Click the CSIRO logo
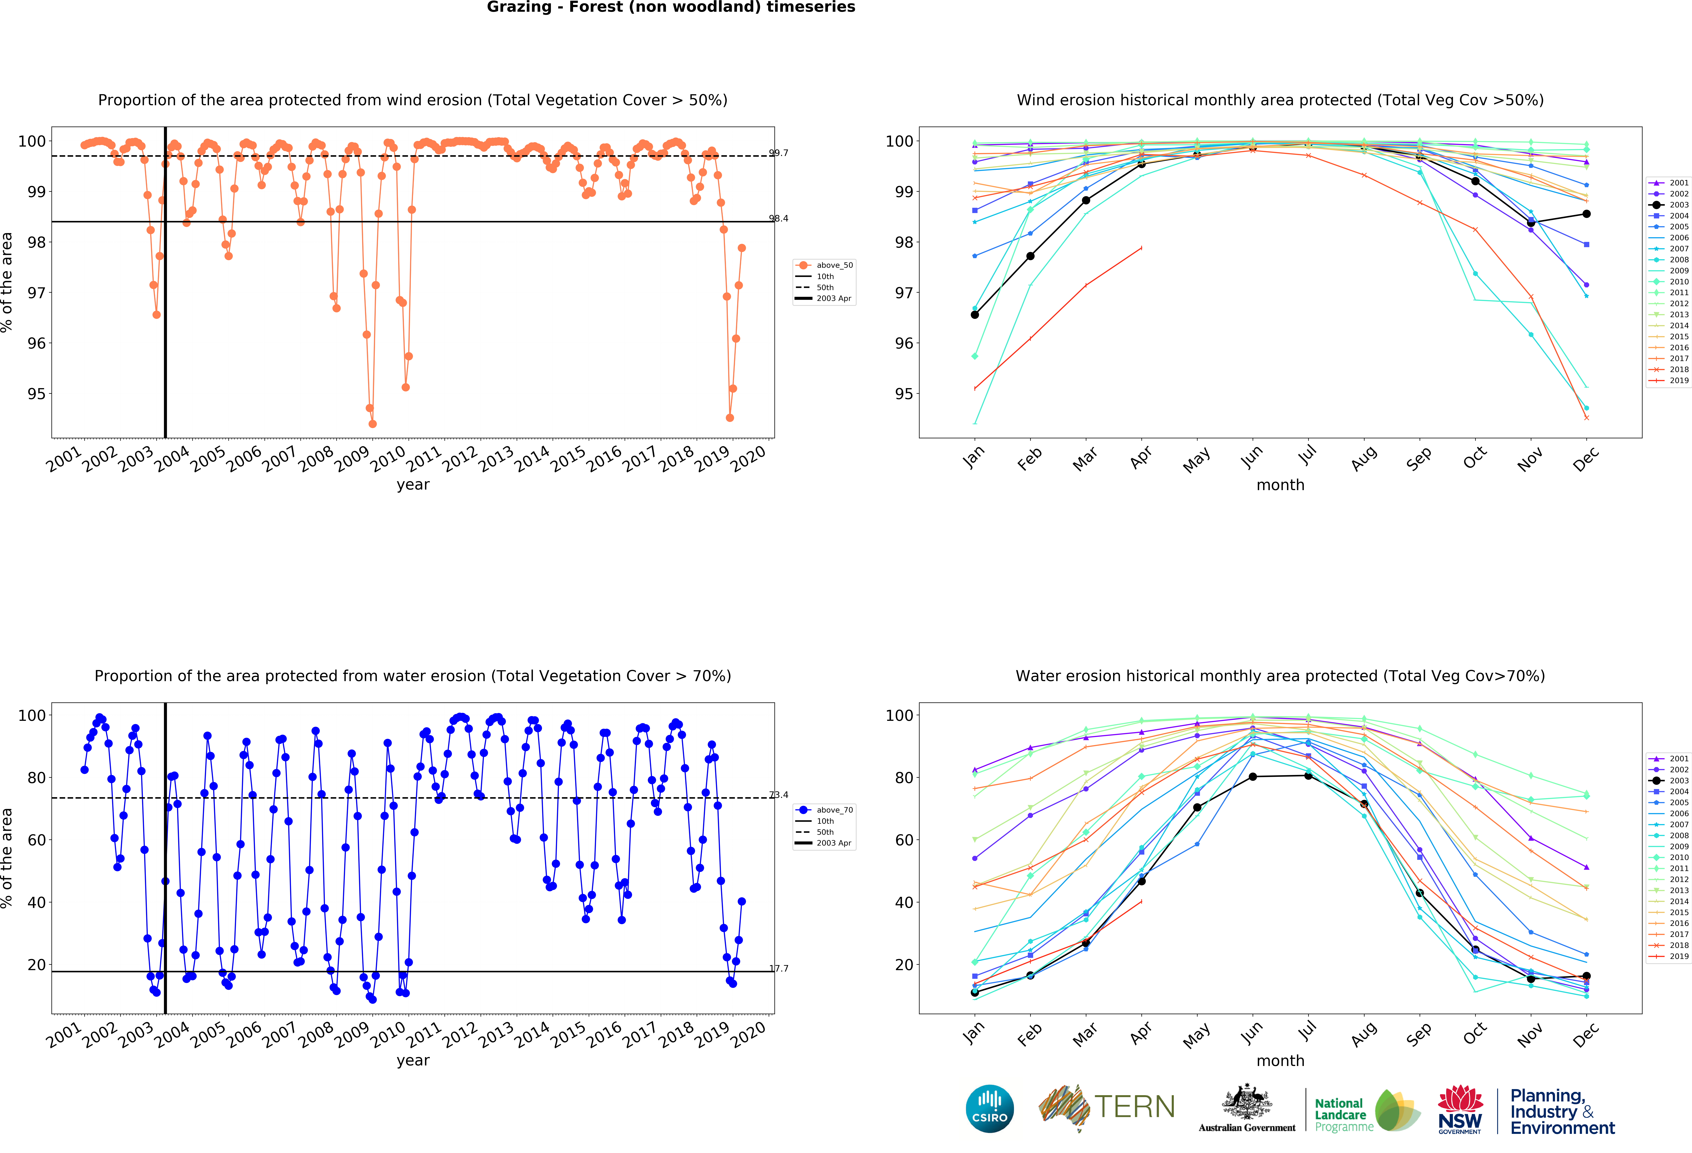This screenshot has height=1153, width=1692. pyautogui.click(x=989, y=1109)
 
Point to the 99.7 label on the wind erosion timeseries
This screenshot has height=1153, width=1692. pyautogui.click(x=778, y=153)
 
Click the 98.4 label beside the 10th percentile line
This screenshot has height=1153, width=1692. pyautogui.click(x=778, y=218)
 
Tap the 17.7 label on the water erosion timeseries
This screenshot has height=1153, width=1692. pyautogui.click(x=778, y=968)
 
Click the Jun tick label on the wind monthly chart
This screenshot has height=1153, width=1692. pyautogui.click(x=1252, y=456)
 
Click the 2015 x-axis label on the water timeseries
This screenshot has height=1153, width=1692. pyautogui.click(x=568, y=1034)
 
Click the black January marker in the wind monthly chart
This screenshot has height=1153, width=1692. pyautogui.click(x=975, y=314)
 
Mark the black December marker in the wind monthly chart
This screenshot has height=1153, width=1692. pyautogui.click(x=1586, y=214)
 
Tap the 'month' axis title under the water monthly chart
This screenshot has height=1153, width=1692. pyautogui.click(x=1280, y=1061)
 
